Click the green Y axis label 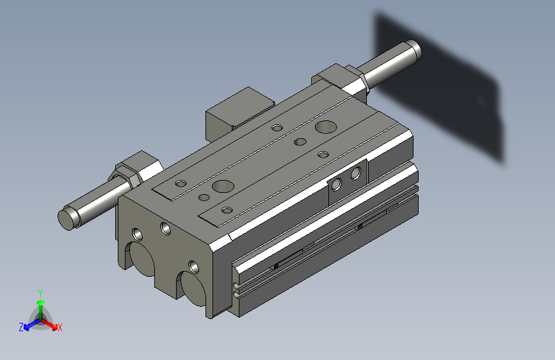[x=40, y=293]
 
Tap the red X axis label [x=60, y=327]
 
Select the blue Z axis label [x=21, y=327]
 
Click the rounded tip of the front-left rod [x=66, y=219]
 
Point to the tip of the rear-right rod [x=414, y=49]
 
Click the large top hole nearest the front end [x=223, y=186]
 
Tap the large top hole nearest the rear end [x=326, y=127]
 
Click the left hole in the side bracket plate [x=336, y=184]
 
